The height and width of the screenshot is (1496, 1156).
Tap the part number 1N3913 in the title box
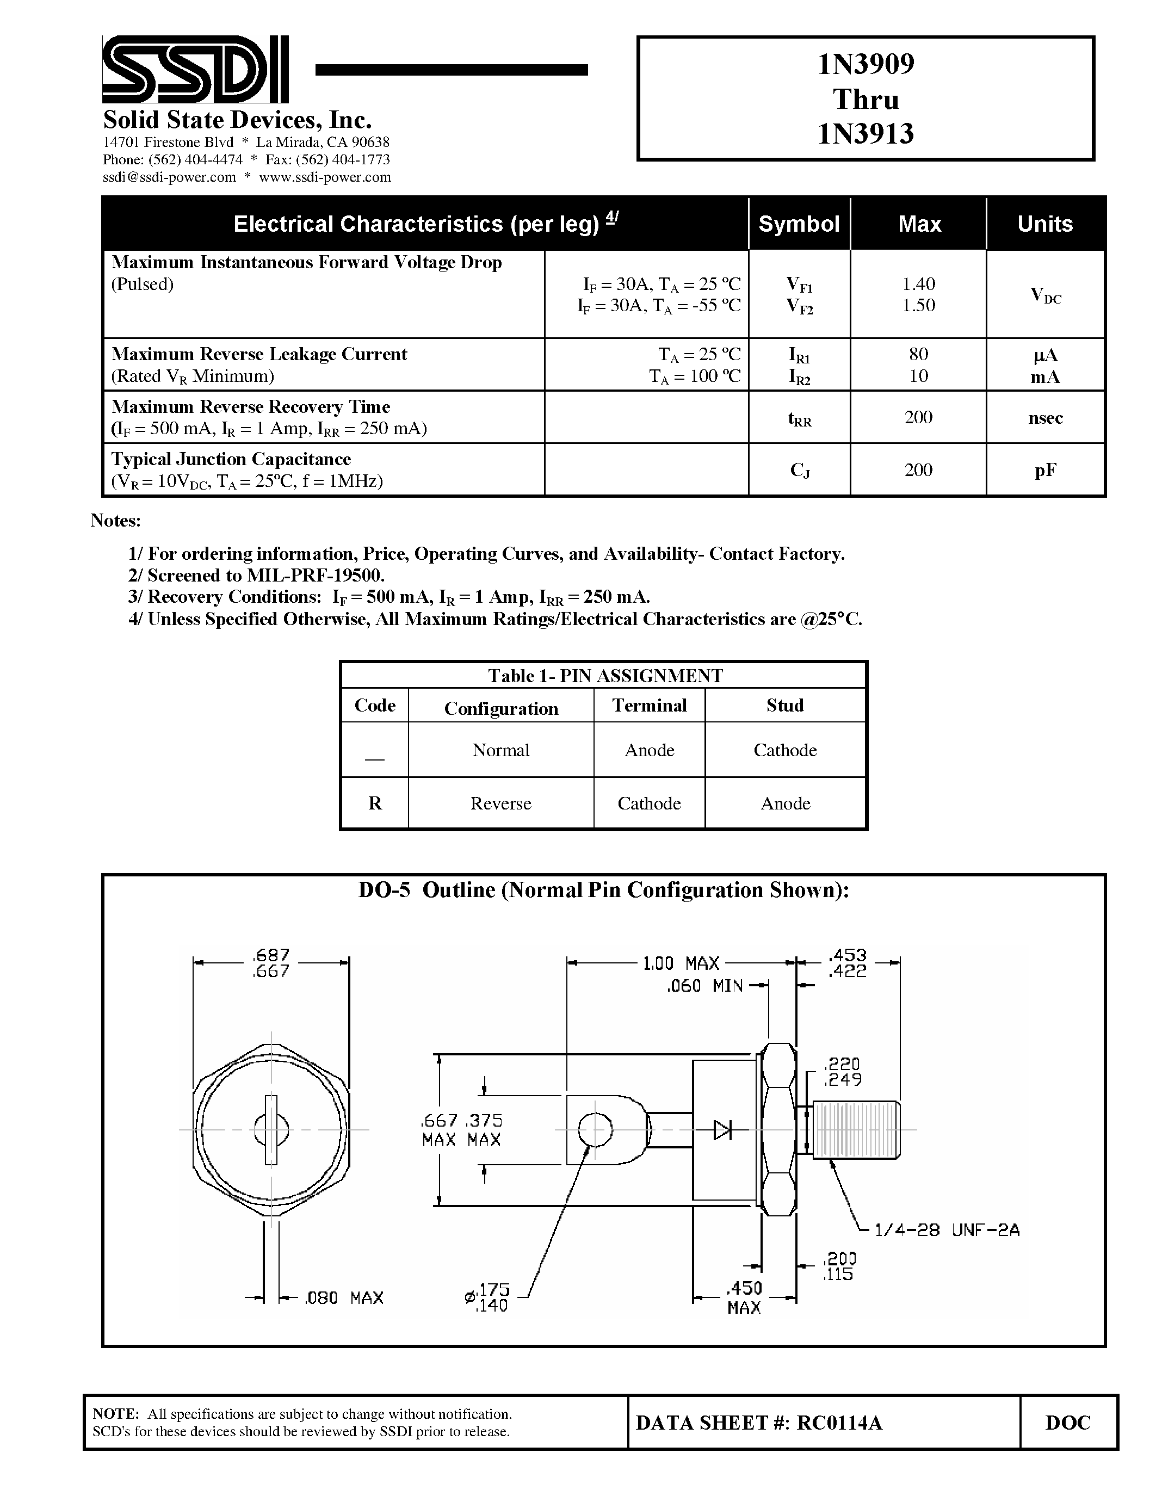(x=866, y=134)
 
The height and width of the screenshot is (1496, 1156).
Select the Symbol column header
(x=799, y=224)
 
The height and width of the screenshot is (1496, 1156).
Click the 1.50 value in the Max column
(x=918, y=306)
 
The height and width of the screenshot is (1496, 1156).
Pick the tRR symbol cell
(x=799, y=418)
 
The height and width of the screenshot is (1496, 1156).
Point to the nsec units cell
(x=1045, y=418)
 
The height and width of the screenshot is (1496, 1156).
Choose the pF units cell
(x=1045, y=470)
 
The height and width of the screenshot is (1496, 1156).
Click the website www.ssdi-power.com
(x=325, y=177)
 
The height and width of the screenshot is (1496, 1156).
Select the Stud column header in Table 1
(x=785, y=706)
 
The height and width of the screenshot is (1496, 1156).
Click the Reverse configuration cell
(x=500, y=803)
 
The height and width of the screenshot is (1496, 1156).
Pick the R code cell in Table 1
(x=375, y=803)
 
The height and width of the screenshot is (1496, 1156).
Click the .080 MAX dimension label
(x=344, y=1298)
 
